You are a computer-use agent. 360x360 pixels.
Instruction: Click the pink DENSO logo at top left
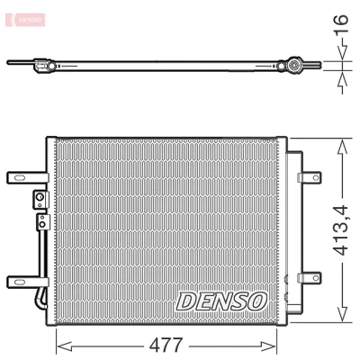pyautogui.click(x=25, y=20)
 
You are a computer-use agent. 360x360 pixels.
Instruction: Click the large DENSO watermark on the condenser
pyautogui.click(x=221, y=301)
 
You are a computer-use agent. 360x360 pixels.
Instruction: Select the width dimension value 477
pyautogui.click(x=166, y=346)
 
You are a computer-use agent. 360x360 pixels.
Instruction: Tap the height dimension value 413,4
pyautogui.click(x=341, y=230)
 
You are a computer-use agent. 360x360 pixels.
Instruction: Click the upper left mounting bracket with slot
pyautogui.click(x=28, y=177)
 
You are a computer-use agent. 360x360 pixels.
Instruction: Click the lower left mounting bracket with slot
pyautogui.click(x=28, y=282)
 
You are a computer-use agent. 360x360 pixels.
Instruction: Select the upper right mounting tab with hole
pyautogui.click(x=309, y=177)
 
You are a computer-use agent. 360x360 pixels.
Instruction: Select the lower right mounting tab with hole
pyautogui.click(x=309, y=278)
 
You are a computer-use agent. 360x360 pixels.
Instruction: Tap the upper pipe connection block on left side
pyautogui.click(x=40, y=200)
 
